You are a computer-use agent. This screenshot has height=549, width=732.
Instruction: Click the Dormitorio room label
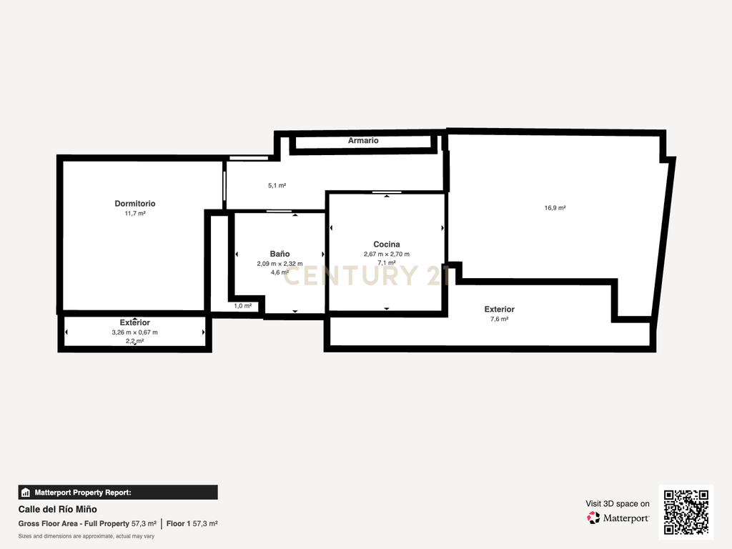click(x=135, y=204)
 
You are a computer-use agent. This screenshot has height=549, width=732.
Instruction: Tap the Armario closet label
click(x=363, y=141)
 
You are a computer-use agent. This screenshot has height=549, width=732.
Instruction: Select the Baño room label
click(x=280, y=254)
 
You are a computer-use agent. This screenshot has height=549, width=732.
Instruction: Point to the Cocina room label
click(x=387, y=244)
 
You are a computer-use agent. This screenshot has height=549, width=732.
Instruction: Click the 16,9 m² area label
click(x=555, y=208)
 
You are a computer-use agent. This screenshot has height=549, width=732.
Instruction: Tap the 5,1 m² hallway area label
click(x=277, y=185)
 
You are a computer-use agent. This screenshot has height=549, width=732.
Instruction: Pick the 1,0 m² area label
click(x=243, y=306)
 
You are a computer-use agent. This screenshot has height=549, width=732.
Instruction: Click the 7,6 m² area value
click(x=499, y=319)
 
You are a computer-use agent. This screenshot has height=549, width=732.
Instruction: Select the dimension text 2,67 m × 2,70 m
click(x=387, y=254)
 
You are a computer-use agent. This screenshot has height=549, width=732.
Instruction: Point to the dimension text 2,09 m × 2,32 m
click(x=280, y=264)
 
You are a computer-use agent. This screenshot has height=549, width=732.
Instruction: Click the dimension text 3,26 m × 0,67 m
click(x=134, y=332)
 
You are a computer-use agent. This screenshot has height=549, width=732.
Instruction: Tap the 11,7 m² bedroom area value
click(x=135, y=213)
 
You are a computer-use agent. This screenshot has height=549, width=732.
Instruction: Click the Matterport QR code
click(x=686, y=512)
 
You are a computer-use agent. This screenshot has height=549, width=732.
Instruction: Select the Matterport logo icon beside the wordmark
click(x=593, y=518)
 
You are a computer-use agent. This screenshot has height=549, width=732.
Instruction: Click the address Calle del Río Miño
click(x=57, y=509)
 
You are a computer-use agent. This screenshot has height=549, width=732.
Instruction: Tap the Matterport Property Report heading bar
click(x=118, y=493)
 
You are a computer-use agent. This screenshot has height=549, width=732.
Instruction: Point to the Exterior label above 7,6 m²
click(x=499, y=309)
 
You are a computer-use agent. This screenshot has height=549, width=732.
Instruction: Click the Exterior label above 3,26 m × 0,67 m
click(x=134, y=322)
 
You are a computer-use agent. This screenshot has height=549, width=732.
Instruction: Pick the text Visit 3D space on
click(x=617, y=504)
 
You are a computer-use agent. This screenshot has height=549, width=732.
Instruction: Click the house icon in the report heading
click(x=26, y=493)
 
